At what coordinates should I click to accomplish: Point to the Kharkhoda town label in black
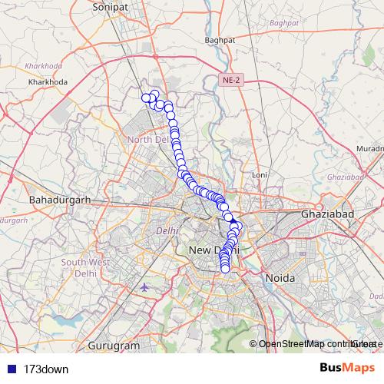[48, 81]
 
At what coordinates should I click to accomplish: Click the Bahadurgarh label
[59, 200]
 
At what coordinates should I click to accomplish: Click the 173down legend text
[46, 369]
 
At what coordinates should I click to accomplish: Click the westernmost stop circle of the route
[145, 97]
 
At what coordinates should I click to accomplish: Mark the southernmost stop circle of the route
[226, 268]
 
